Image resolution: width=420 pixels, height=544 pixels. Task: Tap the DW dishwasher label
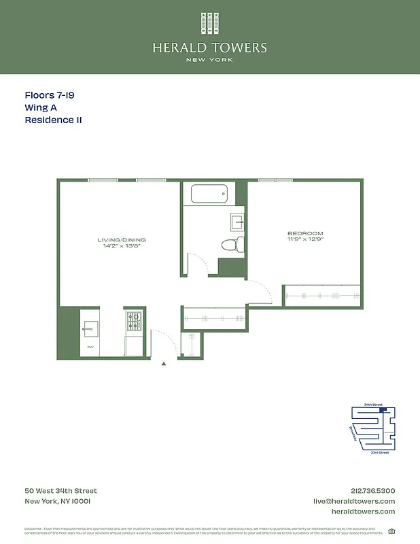click(90, 347)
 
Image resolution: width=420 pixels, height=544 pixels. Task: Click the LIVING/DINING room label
click(122, 240)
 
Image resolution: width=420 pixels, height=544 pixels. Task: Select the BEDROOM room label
click(305, 234)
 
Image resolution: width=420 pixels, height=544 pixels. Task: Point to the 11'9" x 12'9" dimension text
click(305, 240)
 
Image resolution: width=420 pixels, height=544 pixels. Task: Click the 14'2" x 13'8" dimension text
click(122, 246)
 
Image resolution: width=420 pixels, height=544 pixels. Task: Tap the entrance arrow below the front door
click(164, 364)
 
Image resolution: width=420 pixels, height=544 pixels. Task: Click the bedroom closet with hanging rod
click(322, 295)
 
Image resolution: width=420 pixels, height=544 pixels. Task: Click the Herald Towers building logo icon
click(209, 22)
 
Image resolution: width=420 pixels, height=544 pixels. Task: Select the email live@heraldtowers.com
click(353, 501)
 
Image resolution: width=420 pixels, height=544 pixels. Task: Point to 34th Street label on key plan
click(373, 405)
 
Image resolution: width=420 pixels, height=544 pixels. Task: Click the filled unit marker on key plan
click(382, 410)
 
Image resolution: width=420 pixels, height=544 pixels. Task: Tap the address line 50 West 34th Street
click(60, 491)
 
